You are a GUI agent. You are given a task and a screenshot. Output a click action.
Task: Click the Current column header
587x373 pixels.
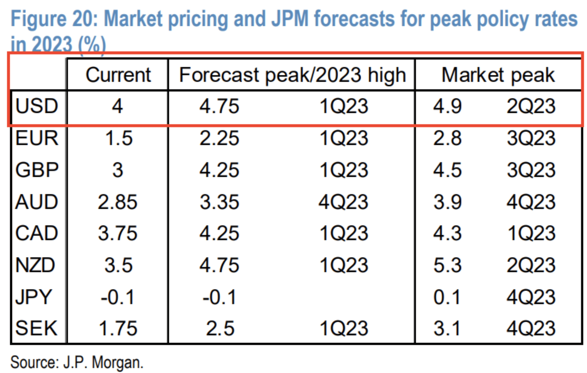pyautogui.click(x=118, y=75)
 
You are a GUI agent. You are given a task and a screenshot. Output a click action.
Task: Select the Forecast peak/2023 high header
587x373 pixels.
pyautogui.click(x=292, y=75)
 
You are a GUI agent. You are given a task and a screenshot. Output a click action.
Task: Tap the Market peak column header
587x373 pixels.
pyautogui.click(x=498, y=75)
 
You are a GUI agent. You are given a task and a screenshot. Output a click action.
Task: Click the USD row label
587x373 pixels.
pyautogui.click(x=37, y=106)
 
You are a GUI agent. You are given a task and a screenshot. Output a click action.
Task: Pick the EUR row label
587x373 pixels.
pyautogui.click(x=37, y=138)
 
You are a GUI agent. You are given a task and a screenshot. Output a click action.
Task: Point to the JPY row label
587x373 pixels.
pyautogui.click(x=34, y=297)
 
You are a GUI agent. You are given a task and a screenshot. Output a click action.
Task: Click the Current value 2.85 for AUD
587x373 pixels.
pyautogui.click(x=117, y=202)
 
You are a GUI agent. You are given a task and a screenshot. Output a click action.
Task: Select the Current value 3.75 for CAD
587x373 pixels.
pyautogui.click(x=117, y=233)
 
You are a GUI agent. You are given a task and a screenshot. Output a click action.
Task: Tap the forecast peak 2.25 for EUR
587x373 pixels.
pyautogui.click(x=219, y=138)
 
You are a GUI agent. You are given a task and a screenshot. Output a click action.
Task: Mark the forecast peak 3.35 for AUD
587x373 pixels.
pyautogui.click(x=219, y=202)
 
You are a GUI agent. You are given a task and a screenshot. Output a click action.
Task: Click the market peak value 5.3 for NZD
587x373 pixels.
pyautogui.click(x=447, y=265)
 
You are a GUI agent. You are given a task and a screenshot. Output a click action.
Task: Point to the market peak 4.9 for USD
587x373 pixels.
pyautogui.click(x=447, y=106)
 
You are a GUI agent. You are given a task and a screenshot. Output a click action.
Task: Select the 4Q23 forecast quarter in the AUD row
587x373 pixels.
pyautogui.click(x=343, y=202)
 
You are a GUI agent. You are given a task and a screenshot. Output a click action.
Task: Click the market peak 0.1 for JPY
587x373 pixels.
pyautogui.click(x=447, y=297)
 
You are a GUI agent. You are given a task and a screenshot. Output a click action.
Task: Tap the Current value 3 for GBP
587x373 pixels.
pyautogui.click(x=118, y=170)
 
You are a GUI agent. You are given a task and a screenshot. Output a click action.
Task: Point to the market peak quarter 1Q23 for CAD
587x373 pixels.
pyautogui.click(x=531, y=233)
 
